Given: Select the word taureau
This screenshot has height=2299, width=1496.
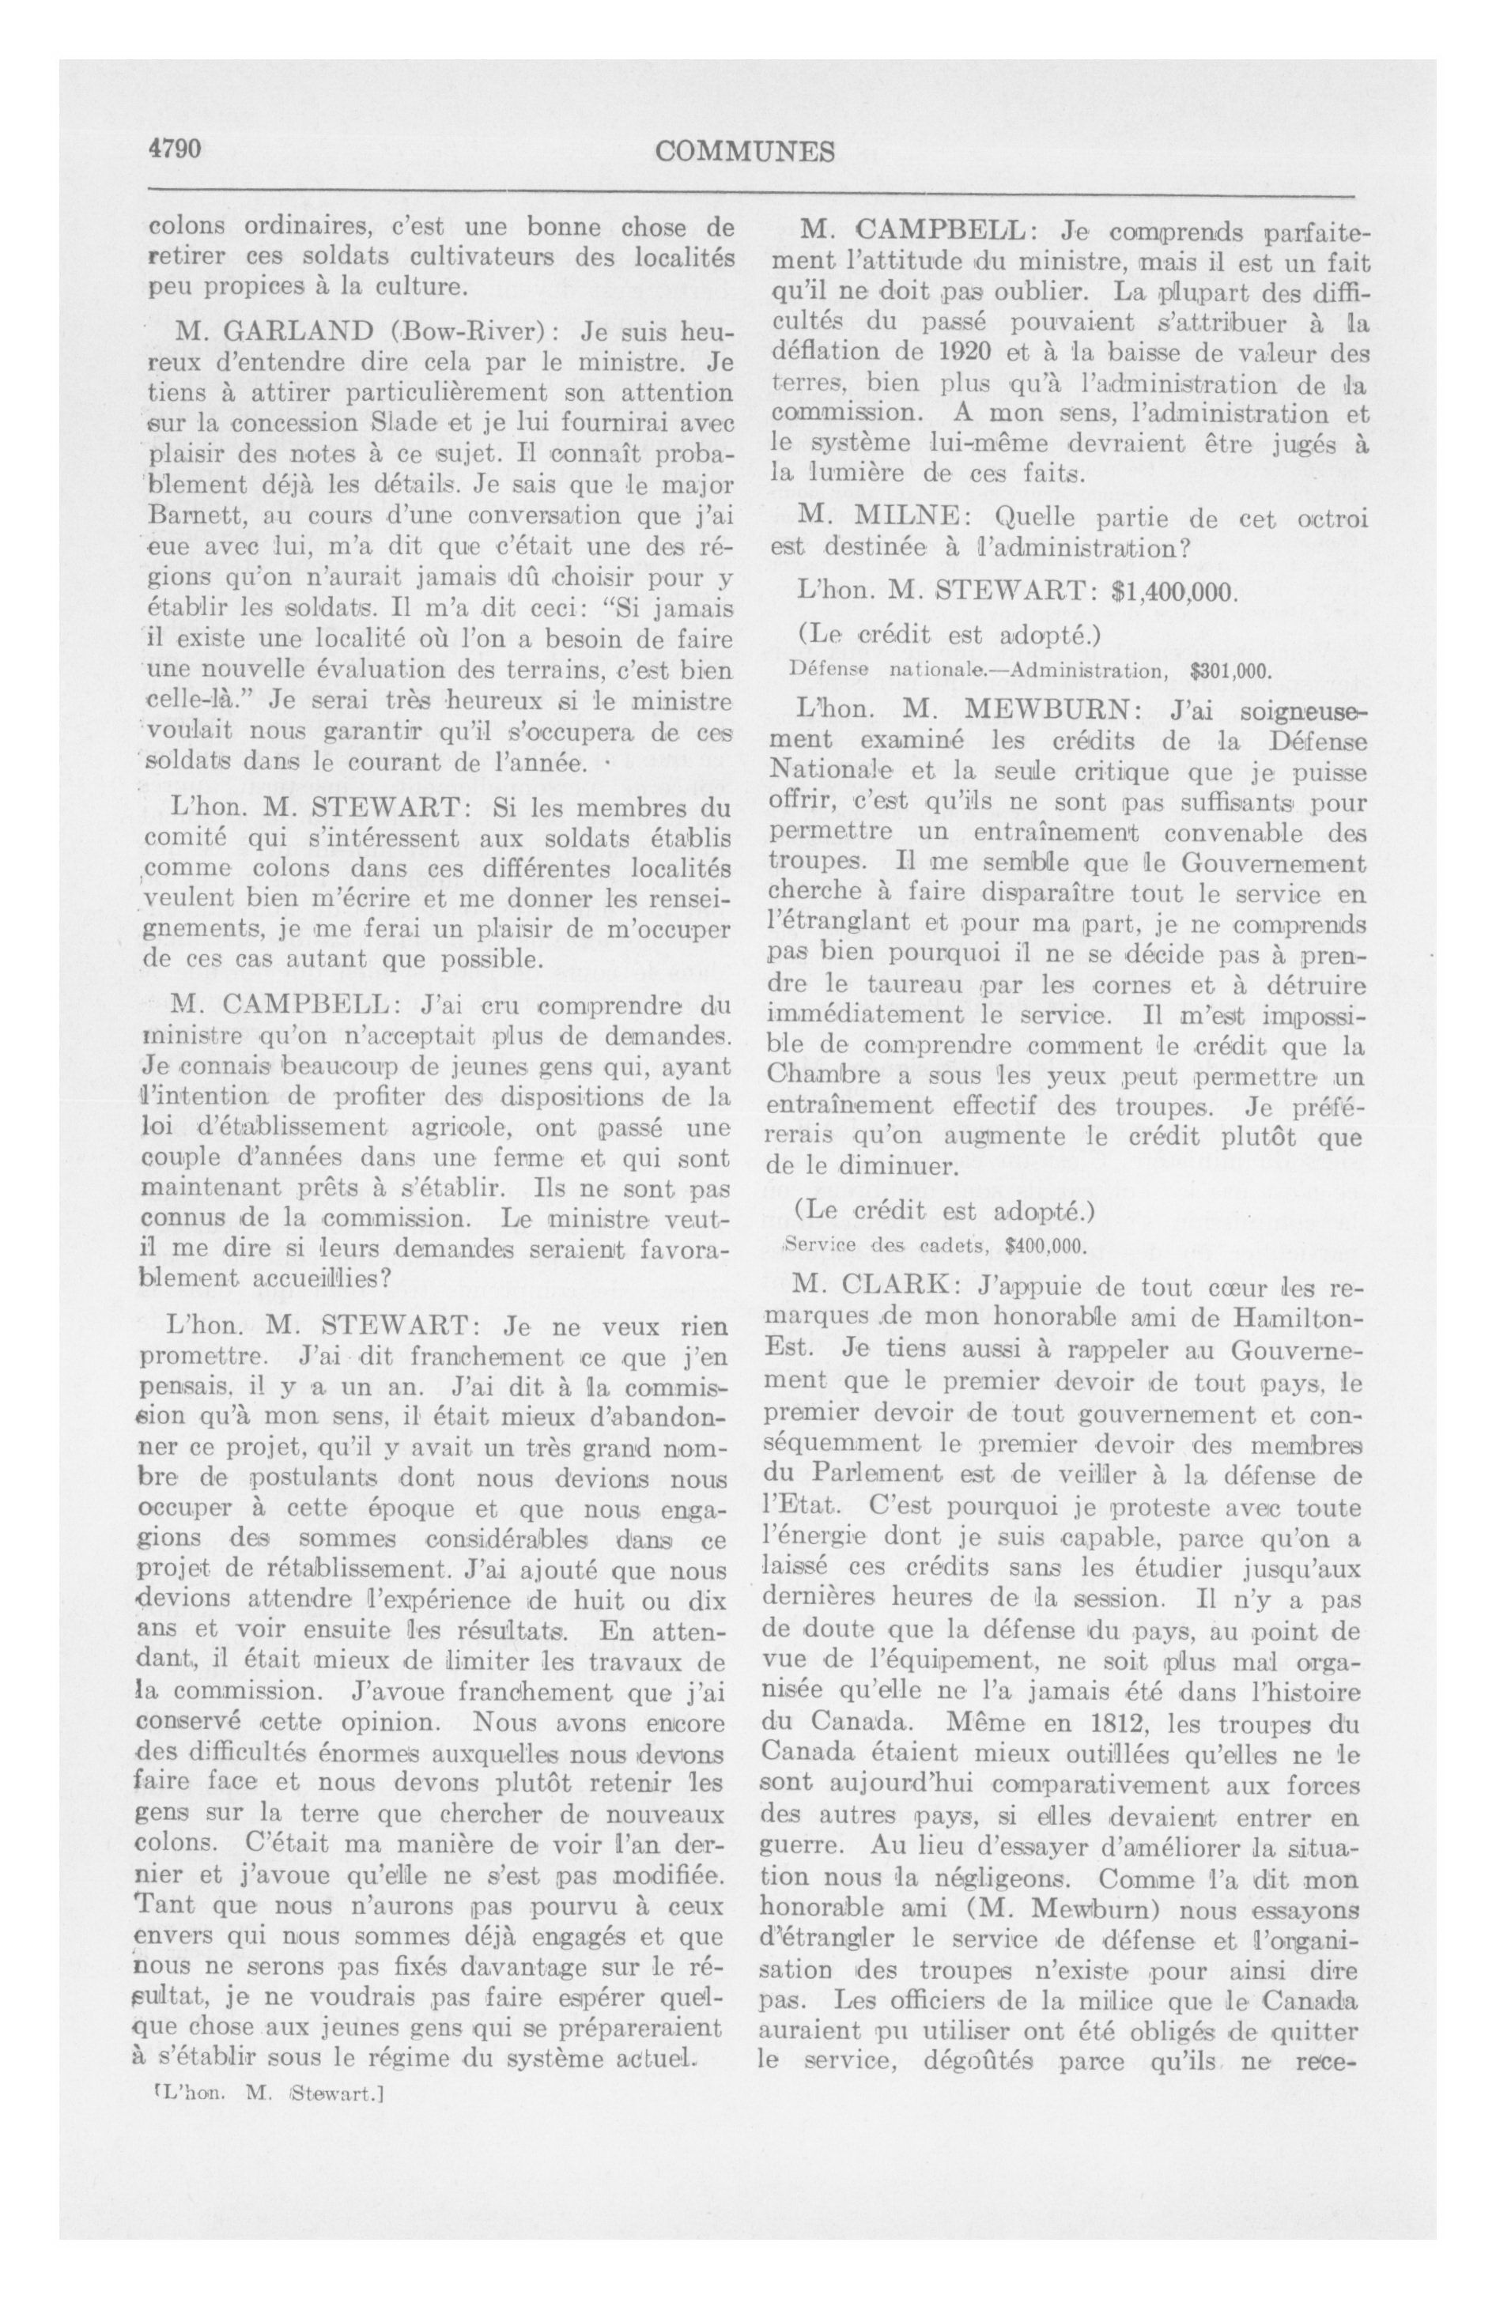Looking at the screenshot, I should point(913,987).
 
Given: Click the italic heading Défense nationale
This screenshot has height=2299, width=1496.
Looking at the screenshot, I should point(863,669).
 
